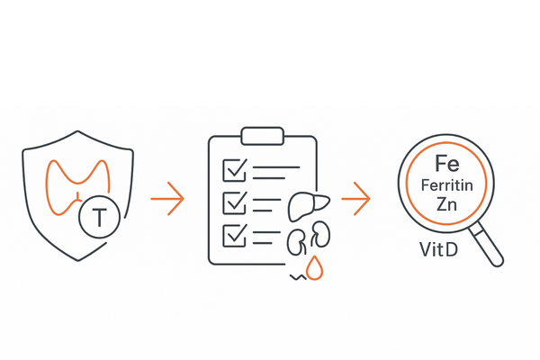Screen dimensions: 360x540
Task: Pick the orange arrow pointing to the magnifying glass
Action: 357,198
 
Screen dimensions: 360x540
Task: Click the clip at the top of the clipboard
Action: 262,136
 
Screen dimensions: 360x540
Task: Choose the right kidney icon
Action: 321,236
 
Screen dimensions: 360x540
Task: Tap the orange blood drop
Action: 314,267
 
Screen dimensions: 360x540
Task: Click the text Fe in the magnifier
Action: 446,164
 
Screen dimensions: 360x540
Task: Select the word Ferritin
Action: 446,185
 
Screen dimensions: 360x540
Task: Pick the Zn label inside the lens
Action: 446,205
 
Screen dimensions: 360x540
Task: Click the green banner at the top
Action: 270,53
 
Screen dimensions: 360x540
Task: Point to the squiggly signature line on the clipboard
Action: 295,278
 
